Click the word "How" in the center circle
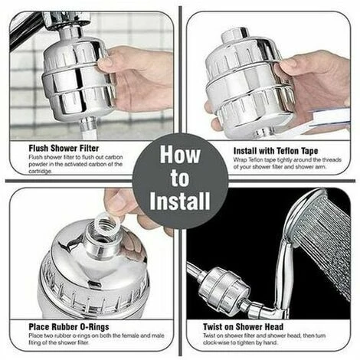coord(180,155)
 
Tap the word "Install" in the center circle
coord(180,201)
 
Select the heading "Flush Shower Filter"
coord(64,148)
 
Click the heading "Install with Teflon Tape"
coord(276,151)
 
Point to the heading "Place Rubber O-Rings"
coord(69,327)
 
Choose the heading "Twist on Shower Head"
coord(243,327)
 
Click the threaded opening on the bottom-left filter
coord(102,230)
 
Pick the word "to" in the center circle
coord(180,178)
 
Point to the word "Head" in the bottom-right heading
coord(273,327)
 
